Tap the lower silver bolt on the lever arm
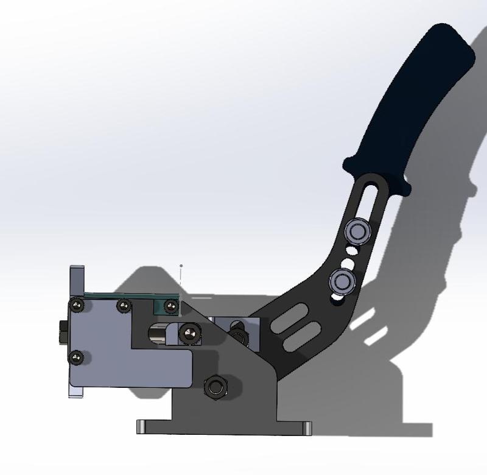coord(342,281)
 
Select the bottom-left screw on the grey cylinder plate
coord(76,357)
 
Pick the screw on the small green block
coord(171,306)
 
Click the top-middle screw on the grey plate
coord(124,305)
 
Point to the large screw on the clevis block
coord(188,333)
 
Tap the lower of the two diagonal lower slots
coord(301,337)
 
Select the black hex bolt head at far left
coord(63,331)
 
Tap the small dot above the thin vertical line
coord(181,266)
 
